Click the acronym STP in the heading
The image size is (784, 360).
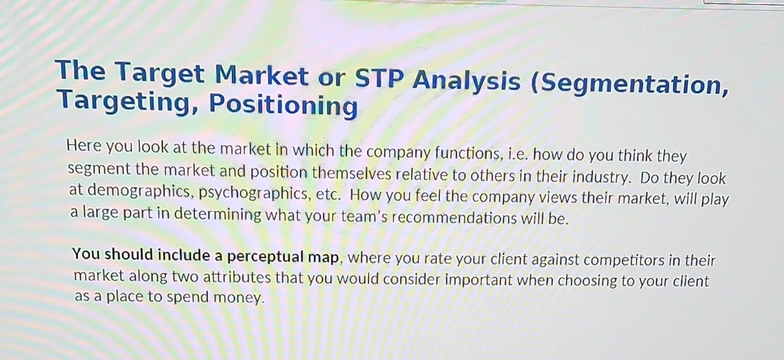pos(379,78)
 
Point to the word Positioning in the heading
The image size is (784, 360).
pos(283,105)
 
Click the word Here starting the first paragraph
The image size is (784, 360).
pos(84,145)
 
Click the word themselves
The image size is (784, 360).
pos(352,174)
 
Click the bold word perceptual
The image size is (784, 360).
pos(265,256)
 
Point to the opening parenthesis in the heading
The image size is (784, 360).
pos(535,83)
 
